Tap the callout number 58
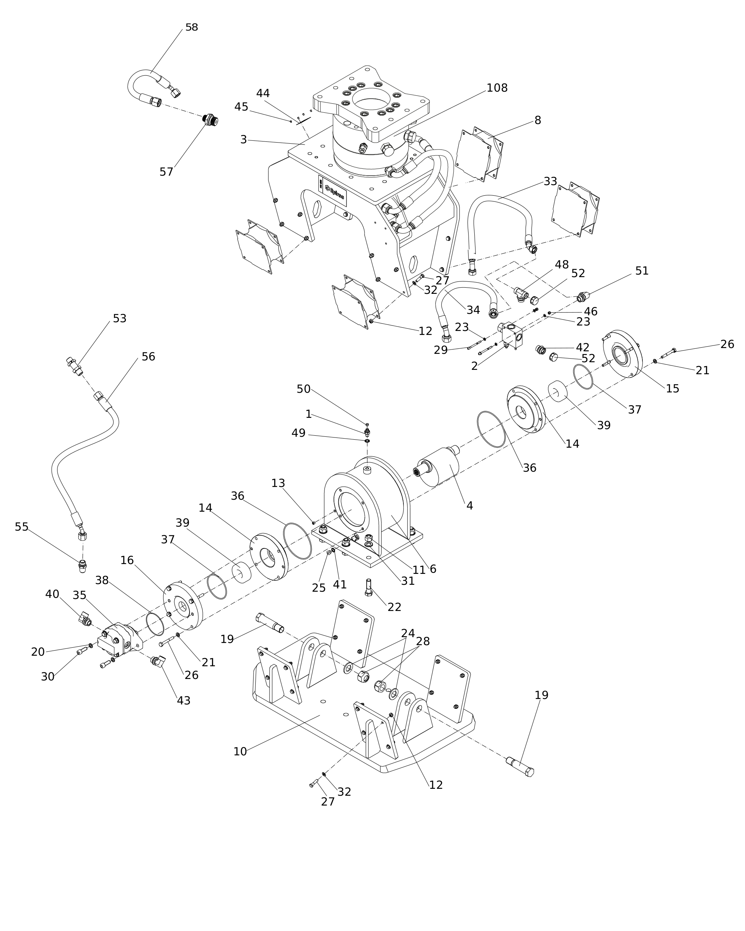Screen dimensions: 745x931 (191, 27)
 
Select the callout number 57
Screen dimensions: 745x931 (166, 172)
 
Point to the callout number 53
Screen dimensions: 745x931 (120, 318)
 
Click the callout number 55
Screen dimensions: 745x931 (21, 527)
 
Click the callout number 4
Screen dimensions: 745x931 (470, 506)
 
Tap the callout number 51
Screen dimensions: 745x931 (642, 271)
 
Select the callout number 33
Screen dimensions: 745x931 (550, 181)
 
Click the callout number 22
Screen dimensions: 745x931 (394, 607)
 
